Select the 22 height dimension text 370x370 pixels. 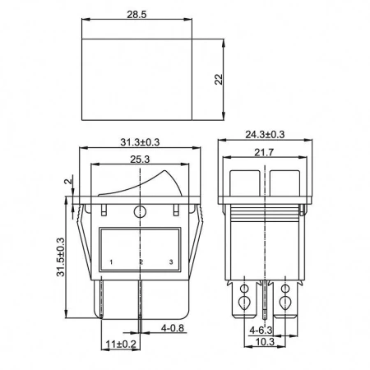[219, 80]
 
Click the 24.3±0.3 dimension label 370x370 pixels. [265, 133]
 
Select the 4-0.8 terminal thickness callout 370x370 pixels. [173, 328]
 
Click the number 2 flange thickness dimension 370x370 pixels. [67, 181]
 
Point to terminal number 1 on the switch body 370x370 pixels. [110, 262]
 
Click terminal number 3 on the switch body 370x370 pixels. [170, 262]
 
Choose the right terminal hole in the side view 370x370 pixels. [285, 290]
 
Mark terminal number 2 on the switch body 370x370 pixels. [141, 262]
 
